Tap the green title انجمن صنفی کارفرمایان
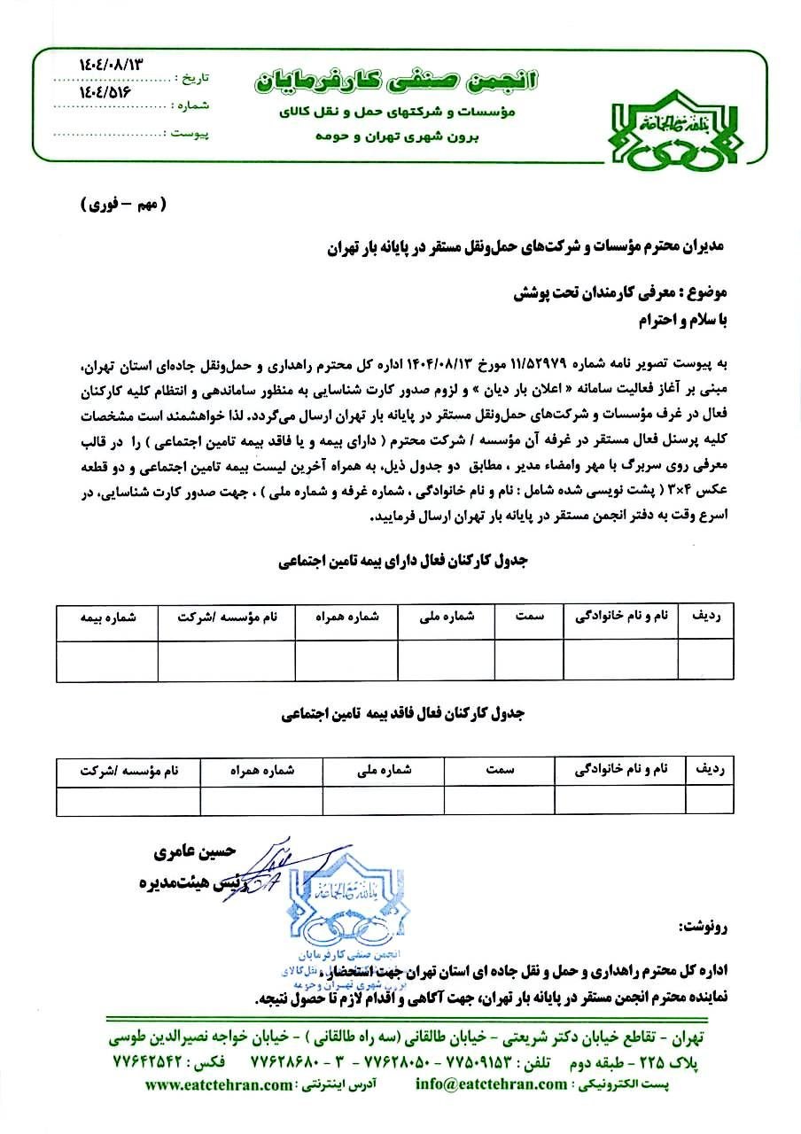pos(396,82)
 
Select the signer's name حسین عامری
pos(193,853)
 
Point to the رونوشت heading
pos(704,928)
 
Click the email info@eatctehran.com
pos(491,1084)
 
